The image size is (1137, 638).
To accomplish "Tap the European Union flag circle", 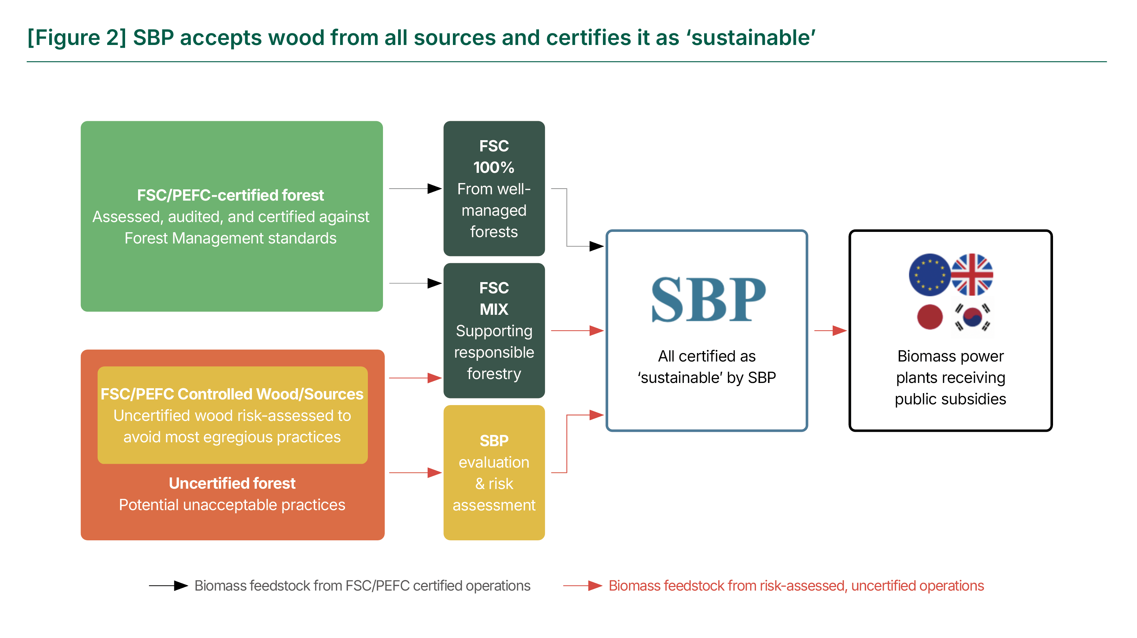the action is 930,274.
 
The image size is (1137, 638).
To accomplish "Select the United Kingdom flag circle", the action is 972,274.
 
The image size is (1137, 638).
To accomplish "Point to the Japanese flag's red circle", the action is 930,317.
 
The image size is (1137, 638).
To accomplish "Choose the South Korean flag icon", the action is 972,317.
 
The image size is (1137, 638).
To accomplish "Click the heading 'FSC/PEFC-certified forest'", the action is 230,195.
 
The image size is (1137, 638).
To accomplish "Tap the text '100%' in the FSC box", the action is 494,168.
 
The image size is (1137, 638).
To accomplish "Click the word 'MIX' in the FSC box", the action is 494,309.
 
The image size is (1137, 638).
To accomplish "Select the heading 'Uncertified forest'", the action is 232,483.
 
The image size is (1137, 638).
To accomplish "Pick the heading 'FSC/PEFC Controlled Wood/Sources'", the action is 232,394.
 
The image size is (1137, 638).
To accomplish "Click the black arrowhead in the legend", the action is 181,586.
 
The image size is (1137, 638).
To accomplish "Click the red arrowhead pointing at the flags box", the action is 839,331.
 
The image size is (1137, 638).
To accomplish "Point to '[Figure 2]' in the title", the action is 77,38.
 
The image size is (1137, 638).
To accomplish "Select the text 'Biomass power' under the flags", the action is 951,356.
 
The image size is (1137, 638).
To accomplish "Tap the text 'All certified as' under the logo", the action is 707,356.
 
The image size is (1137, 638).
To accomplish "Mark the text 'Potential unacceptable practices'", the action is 232,505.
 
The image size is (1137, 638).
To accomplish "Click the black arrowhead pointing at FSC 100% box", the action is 435,189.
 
